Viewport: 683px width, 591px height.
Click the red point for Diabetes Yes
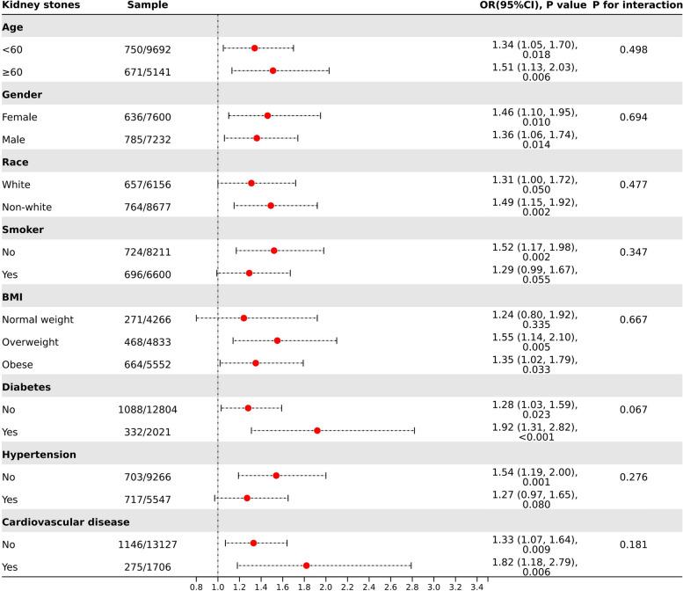(x=316, y=430)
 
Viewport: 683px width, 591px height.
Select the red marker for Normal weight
(x=243, y=317)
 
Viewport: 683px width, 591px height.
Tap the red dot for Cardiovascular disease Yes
(x=306, y=565)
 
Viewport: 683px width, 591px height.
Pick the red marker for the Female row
(x=267, y=115)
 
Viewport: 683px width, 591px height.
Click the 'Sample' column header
(x=148, y=5)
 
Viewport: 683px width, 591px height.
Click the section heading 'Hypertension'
(x=40, y=454)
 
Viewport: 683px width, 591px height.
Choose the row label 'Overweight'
(x=31, y=340)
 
